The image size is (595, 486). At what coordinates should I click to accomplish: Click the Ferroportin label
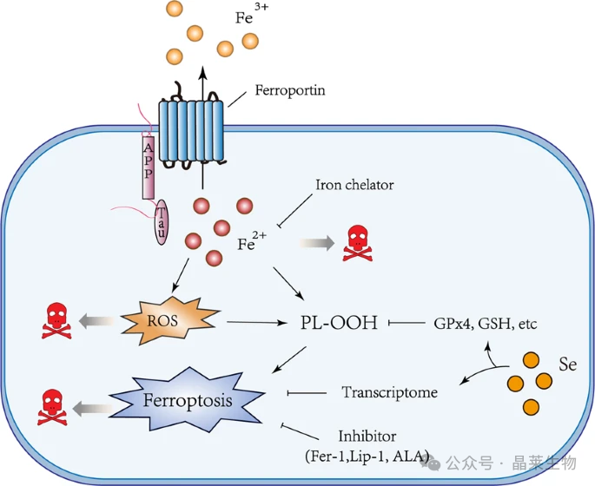point(289,89)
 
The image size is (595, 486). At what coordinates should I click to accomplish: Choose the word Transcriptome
point(390,392)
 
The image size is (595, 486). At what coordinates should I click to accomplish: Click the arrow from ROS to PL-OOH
point(258,324)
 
